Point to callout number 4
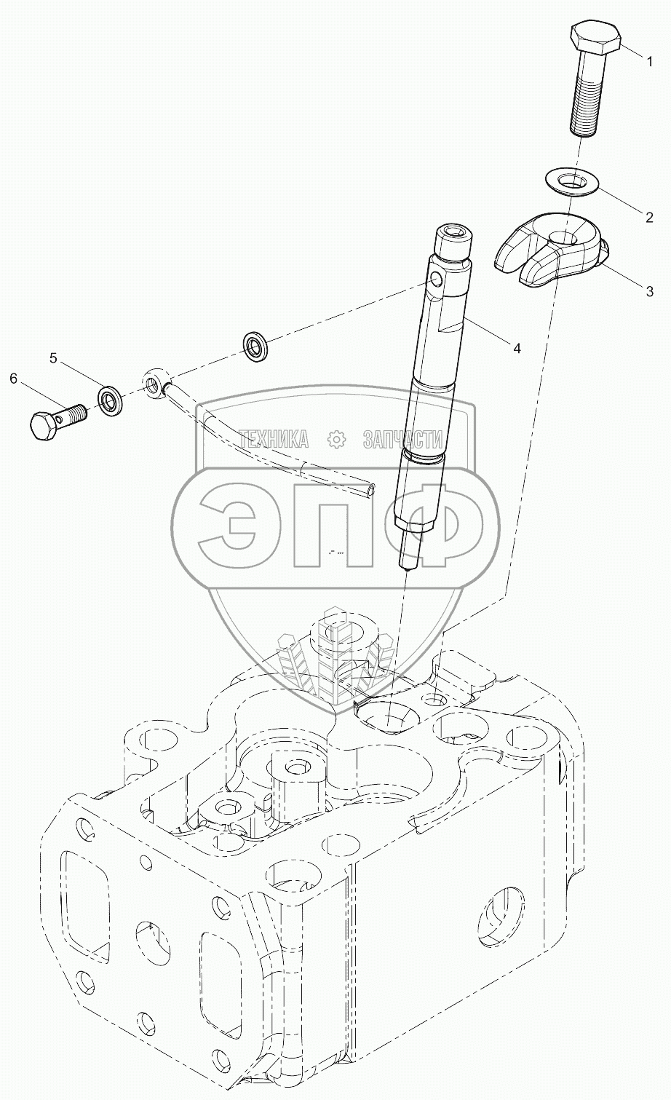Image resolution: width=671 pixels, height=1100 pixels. click(516, 348)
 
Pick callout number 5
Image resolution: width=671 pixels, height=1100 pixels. click(53, 357)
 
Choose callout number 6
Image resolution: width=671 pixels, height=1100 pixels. click(13, 378)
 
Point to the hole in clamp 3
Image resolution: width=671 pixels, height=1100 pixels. click(565, 237)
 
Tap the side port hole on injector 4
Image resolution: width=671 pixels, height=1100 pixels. click(434, 280)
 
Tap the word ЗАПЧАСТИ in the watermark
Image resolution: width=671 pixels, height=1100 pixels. click(402, 438)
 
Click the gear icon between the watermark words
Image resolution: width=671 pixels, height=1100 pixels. click(335, 438)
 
